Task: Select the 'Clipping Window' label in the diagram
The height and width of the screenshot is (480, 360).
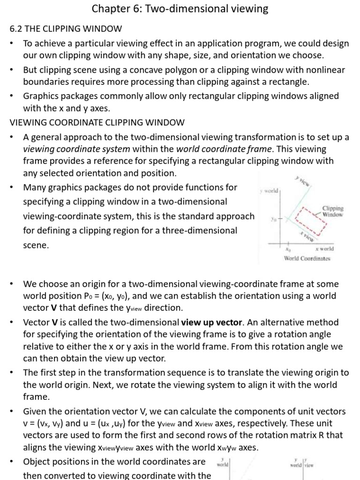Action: (332, 211)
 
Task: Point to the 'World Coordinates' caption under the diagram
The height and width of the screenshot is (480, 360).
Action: (307, 258)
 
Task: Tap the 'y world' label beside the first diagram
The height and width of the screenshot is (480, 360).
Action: (269, 191)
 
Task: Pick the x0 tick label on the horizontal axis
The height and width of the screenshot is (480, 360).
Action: (288, 250)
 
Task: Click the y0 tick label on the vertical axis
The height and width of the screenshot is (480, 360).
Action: (273, 219)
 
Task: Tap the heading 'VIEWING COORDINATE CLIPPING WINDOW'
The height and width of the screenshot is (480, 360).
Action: (97, 122)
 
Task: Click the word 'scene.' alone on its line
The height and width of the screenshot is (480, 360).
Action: (36, 245)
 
